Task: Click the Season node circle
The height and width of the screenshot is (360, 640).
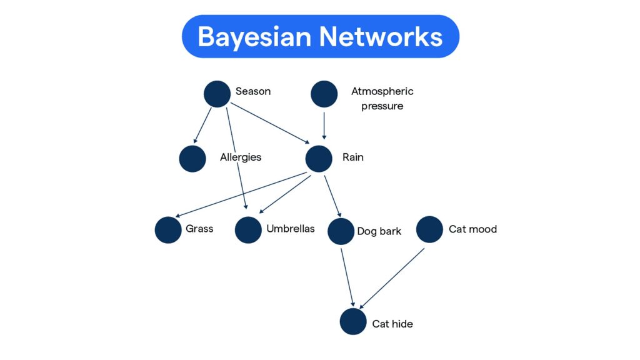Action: [217, 94]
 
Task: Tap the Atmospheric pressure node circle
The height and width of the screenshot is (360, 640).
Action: [324, 94]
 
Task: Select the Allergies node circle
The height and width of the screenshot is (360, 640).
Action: [192, 159]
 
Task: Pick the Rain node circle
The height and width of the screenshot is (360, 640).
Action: [319, 159]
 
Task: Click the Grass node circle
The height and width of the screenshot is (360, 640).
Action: [168, 230]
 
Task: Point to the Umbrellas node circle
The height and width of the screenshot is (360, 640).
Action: [248, 230]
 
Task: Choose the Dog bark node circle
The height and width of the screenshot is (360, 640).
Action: [341, 231]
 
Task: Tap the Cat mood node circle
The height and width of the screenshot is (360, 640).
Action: [429, 229]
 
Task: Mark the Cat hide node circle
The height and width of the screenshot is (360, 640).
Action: [353, 322]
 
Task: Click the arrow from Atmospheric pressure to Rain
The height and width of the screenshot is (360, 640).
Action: [324, 124]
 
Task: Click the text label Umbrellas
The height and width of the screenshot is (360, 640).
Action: [291, 229]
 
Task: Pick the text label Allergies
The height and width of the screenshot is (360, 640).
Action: [241, 157]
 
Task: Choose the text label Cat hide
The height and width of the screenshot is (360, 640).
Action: [392, 324]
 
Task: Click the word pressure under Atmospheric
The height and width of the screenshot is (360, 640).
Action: [382, 106]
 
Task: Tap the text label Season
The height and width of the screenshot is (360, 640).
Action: [253, 91]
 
